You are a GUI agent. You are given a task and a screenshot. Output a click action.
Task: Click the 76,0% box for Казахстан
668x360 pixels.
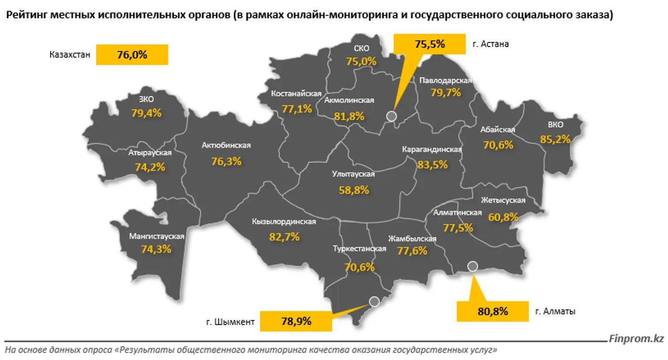(132, 55)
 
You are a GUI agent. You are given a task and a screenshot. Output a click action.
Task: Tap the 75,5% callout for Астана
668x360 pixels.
(429, 44)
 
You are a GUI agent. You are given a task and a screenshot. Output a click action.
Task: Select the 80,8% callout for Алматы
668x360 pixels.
(493, 311)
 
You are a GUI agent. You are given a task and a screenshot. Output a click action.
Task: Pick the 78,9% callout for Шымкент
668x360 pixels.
(296, 321)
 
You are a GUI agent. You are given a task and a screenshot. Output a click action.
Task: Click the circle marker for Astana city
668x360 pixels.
(392, 116)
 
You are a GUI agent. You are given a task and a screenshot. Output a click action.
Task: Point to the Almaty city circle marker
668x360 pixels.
(473, 266)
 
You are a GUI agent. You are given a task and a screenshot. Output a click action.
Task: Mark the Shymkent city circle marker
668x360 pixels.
(374, 302)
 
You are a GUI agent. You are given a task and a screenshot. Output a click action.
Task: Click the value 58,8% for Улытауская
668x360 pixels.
(354, 190)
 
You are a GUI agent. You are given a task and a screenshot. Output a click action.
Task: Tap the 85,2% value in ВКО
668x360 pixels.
(555, 139)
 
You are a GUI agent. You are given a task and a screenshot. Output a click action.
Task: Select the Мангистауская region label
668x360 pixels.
(157, 236)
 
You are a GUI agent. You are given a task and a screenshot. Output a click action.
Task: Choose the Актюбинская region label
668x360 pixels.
(226, 145)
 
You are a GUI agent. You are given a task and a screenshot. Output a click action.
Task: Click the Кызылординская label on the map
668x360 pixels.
(284, 221)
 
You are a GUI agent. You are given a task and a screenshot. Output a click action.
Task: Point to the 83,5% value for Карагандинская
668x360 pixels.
(433, 165)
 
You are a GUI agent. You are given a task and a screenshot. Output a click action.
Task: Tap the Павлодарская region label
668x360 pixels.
(445, 81)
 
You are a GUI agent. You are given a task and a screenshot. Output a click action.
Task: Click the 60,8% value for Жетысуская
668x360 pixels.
(503, 217)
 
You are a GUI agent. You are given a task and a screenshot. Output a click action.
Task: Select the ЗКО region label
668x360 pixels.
(146, 99)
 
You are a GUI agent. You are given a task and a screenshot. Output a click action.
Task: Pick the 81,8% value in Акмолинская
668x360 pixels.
(349, 116)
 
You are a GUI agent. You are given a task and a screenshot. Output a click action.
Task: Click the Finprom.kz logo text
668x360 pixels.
(636, 339)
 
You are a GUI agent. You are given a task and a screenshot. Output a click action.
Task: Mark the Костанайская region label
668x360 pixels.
(296, 94)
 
